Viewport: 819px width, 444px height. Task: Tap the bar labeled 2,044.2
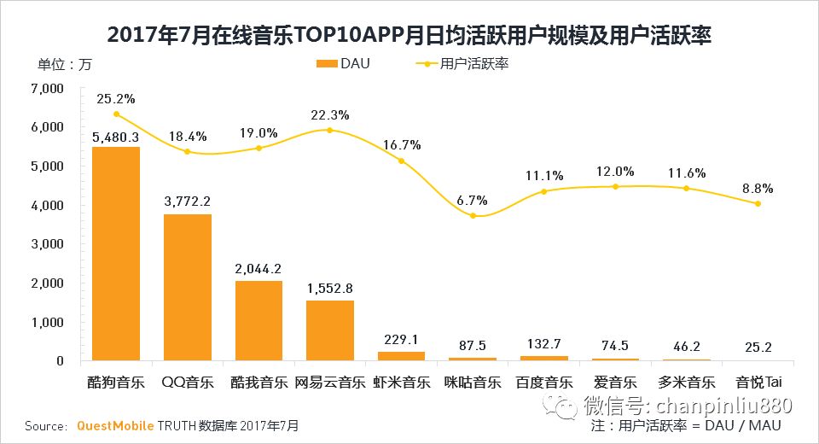(258, 320)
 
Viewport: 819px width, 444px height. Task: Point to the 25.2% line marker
(116, 114)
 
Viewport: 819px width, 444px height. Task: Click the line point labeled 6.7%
(472, 215)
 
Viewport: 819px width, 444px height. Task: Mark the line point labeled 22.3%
(329, 130)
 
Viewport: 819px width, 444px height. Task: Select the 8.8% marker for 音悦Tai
(757, 203)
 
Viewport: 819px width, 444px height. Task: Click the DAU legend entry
(343, 63)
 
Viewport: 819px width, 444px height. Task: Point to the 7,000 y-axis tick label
(47, 88)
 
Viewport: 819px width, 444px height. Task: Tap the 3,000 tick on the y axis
(47, 243)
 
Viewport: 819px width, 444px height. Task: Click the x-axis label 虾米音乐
(401, 382)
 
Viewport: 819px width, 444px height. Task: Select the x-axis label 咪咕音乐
(472, 382)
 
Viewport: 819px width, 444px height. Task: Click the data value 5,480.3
(116, 135)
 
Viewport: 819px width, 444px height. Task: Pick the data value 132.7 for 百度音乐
(543, 344)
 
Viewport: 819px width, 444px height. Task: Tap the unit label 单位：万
(65, 65)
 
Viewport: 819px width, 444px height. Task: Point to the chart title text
(409, 36)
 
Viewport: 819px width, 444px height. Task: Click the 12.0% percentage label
(614, 171)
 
